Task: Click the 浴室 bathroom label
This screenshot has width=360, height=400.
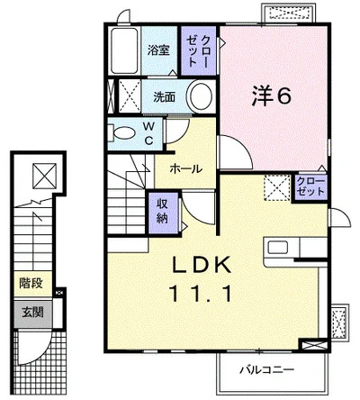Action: pyautogui.click(x=158, y=50)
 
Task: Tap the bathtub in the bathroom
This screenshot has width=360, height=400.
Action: pyautogui.click(x=124, y=50)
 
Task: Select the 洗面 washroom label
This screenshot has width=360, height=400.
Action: pyautogui.click(x=164, y=97)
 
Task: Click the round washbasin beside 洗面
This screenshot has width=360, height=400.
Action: pyautogui.click(x=201, y=96)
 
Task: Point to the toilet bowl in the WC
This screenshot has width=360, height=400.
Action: pyautogui.click(x=122, y=133)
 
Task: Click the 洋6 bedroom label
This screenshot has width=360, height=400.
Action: pyautogui.click(x=272, y=95)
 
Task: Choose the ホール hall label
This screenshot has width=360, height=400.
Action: pyautogui.click(x=186, y=169)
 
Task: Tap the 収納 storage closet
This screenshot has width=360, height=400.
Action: pyautogui.click(x=162, y=213)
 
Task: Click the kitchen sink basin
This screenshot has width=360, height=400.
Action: pyautogui.click(x=278, y=248)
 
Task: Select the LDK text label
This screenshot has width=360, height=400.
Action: pyautogui.click(x=202, y=265)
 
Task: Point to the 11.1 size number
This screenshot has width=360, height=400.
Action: pyautogui.click(x=201, y=294)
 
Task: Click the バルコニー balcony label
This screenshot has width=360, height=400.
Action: pyautogui.click(x=266, y=370)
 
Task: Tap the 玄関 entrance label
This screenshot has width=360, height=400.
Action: pyautogui.click(x=32, y=313)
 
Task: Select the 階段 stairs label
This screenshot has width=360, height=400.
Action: pyautogui.click(x=31, y=283)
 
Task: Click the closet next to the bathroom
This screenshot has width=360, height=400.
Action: pyautogui.click(x=199, y=50)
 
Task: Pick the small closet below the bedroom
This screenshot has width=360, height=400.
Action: pyautogui.click(x=310, y=187)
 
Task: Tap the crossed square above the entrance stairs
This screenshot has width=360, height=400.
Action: pyautogui.click(x=44, y=176)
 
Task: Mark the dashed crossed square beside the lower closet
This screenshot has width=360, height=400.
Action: pyautogui.click(x=277, y=188)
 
